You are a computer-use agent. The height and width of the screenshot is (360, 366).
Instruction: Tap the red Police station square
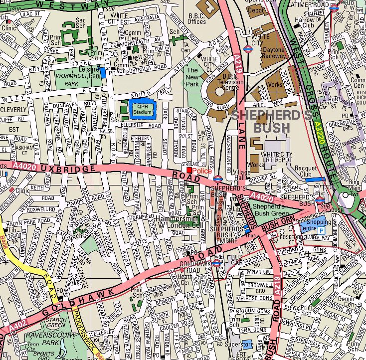click(x=189, y=170)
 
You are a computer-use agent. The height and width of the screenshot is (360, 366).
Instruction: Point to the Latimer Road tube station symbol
click(x=334, y=7)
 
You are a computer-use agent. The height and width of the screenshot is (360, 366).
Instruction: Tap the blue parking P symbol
click(x=321, y=231)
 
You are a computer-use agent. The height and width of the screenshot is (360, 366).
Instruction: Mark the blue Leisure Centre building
click(x=103, y=72)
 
